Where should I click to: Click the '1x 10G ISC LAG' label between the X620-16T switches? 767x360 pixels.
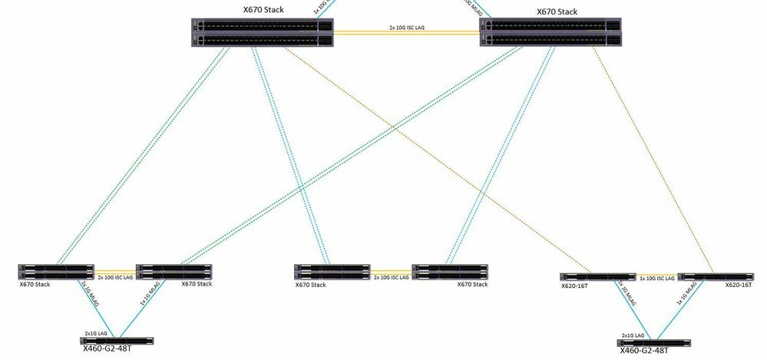click(656, 278)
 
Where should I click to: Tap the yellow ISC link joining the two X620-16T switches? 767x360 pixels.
click(656, 273)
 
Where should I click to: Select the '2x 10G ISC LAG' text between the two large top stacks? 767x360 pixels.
click(407, 27)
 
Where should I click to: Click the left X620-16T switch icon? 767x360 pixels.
click(597, 276)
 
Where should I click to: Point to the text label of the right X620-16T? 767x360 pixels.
click(739, 285)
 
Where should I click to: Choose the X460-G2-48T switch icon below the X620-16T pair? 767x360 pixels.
click(653, 342)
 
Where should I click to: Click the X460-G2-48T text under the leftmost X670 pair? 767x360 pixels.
click(107, 348)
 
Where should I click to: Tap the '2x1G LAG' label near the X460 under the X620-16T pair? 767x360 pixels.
click(634, 335)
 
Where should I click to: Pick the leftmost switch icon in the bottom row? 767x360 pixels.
click(55, 271)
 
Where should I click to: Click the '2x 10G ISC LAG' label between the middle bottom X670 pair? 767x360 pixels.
click(390, 278)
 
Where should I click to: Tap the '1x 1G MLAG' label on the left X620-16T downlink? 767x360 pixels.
click(626, 296)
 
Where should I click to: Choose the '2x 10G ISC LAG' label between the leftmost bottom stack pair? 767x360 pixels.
click(114, 278)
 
